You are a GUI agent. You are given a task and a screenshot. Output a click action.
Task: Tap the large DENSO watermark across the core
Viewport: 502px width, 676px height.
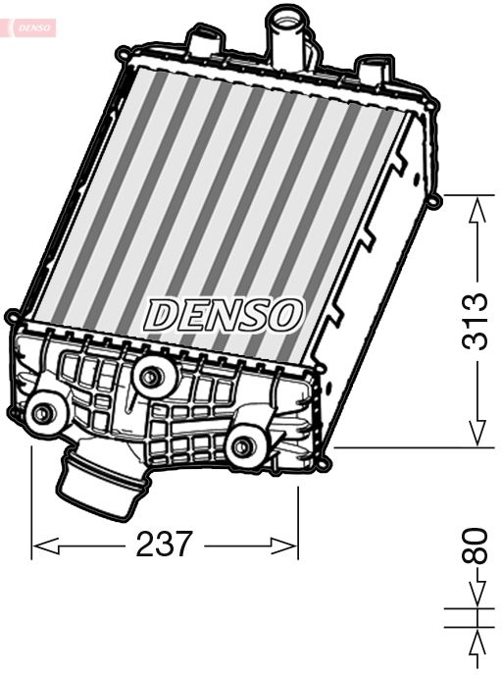[x=224, y=314]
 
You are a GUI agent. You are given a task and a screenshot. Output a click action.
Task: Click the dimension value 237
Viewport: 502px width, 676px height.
[x=165, y=544]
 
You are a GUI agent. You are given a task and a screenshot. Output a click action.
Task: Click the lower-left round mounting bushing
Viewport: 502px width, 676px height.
[x=42, y=413]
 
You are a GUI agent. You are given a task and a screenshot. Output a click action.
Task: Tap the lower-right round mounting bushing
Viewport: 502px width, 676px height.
[x=243, y=447]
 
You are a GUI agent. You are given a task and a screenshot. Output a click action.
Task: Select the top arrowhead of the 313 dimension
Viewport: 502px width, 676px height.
[x=477, y=206]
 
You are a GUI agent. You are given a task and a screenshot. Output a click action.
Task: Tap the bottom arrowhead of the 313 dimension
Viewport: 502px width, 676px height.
[x=477, y=438]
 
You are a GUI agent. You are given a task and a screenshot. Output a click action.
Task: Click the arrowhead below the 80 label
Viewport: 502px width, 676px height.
[x=477, y=598]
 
